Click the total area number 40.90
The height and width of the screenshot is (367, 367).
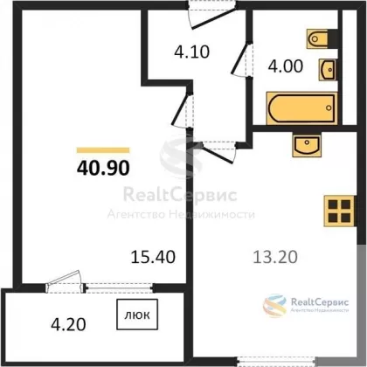[x=103, y=168]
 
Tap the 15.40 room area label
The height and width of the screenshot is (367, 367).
[x=153, y=257]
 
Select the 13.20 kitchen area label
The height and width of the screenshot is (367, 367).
[x=275, y=257]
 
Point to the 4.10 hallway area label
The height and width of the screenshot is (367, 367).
[x=192, y=52]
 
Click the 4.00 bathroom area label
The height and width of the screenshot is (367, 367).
[x=286, y=66]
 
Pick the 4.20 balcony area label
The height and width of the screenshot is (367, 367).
[x=68, y=324]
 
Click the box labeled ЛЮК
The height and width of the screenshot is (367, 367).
[x=137, y=315]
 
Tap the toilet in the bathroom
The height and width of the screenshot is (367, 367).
[x=322, y=38]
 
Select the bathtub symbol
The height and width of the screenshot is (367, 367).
[x=301, y=108]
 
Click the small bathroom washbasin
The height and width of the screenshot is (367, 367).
[x=328, y=70]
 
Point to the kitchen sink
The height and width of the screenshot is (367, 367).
[x=307, y=145]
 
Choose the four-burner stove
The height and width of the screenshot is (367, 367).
[x=340, y=211]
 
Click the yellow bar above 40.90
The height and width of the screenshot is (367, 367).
[x=103, y=150]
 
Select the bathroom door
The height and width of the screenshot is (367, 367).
[x=240, y=59]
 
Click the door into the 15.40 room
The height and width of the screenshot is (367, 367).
[x=182, y=109]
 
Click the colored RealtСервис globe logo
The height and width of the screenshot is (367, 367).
[x=274, y=306]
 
